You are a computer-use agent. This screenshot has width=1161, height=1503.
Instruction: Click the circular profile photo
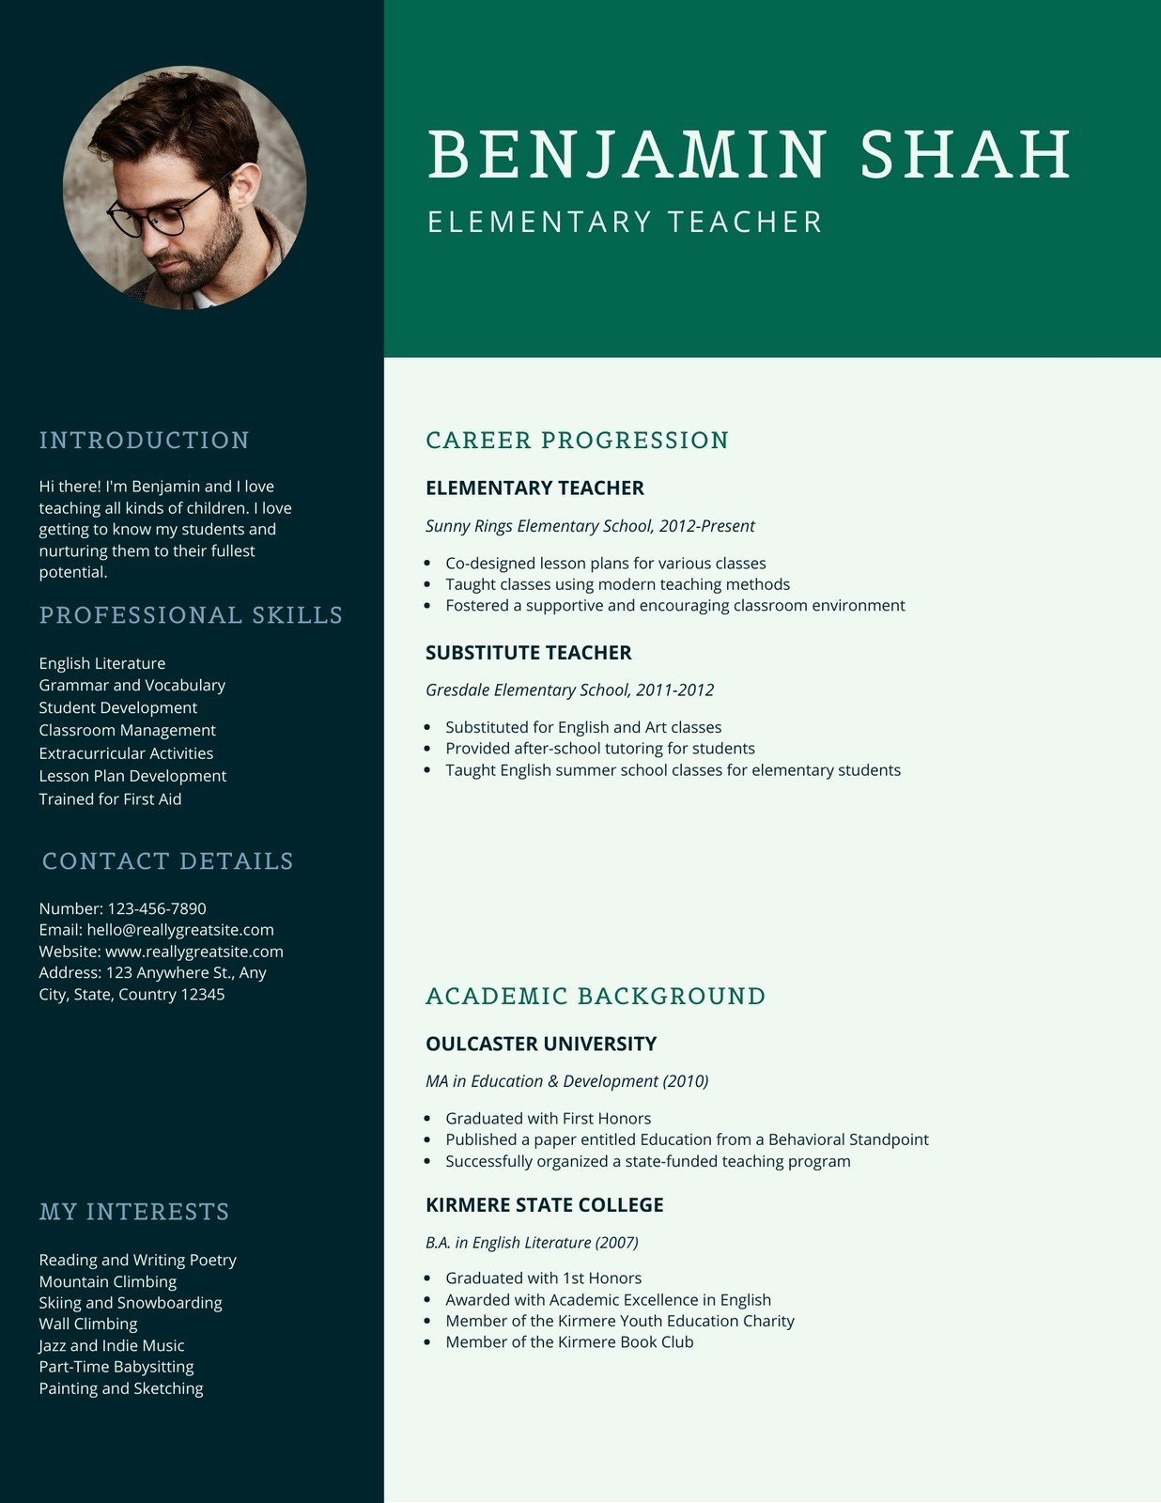coord(185,187)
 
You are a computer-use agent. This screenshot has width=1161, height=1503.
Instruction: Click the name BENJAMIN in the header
coord(627,154)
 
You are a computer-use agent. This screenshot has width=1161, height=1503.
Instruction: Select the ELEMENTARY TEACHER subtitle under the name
coord(625,223)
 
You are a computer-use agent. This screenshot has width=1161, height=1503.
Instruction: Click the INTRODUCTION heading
coord(144,441)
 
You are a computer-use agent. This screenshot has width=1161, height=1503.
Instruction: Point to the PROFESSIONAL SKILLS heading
coord(191,615)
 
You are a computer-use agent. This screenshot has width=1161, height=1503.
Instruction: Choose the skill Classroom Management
coord(127,730)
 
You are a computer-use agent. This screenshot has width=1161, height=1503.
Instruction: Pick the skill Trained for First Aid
coord(110,798)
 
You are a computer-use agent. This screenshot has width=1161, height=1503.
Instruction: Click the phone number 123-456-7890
coord(157,908)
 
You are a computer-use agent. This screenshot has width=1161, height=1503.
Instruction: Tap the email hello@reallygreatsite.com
coord(180,930)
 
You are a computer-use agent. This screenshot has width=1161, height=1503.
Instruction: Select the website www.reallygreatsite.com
coord(193,952)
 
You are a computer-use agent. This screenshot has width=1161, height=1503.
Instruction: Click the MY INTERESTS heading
coord(134,1212)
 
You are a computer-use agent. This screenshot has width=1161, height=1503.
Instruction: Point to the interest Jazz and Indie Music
coord(111,1345)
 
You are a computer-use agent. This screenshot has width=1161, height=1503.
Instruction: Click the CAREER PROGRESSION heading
coord(577,441)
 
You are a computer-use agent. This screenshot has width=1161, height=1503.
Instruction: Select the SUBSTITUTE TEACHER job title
coord(528,653)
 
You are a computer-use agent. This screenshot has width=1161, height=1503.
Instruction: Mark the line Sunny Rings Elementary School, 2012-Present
coord(590,526)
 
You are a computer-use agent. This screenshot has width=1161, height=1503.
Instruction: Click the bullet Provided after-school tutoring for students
coord(599,749)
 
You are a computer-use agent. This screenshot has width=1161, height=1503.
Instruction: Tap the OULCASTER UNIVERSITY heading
coord(540,1044)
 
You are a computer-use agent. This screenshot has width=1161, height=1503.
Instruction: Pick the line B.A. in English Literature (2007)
coord(532,1243)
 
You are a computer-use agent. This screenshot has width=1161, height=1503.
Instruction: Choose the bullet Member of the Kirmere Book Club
coord(569,1342)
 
